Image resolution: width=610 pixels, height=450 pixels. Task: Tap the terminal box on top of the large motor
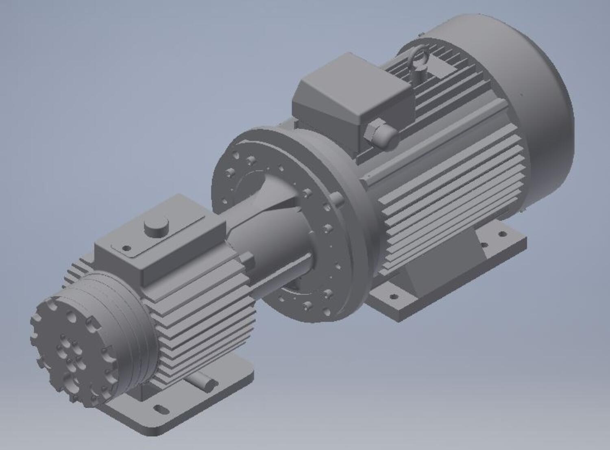[x=350, y=102]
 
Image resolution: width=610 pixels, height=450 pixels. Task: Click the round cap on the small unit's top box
[x=156, y=228]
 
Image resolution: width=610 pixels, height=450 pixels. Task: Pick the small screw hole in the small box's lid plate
[x=126, y=247]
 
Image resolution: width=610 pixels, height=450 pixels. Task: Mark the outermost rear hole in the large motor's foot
[x=503, y=234]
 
